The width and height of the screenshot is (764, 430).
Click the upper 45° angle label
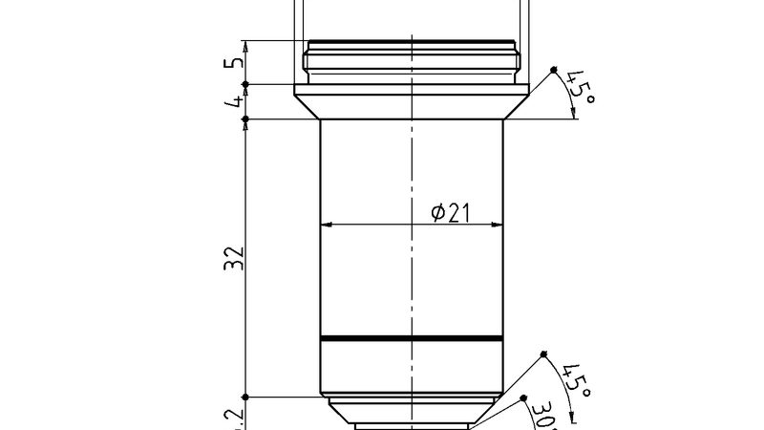(580, 87)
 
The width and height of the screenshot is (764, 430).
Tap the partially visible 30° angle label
(544, 417)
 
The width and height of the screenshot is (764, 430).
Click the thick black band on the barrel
(411, 338)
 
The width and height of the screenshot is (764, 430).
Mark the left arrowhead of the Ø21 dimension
(326, 226)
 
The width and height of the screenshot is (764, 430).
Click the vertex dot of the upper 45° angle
(554, 71)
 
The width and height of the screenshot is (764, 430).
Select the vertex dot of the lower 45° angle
(543, 355)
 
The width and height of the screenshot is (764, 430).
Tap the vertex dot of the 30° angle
(523, 398)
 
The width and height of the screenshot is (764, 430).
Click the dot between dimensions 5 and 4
(245, 84)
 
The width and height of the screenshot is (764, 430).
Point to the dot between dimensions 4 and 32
(245, 119)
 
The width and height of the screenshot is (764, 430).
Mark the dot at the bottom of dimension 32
(245, 397)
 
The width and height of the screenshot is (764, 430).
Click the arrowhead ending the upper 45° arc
(573, 115)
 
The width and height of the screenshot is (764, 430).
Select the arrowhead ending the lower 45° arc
(571, 413)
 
